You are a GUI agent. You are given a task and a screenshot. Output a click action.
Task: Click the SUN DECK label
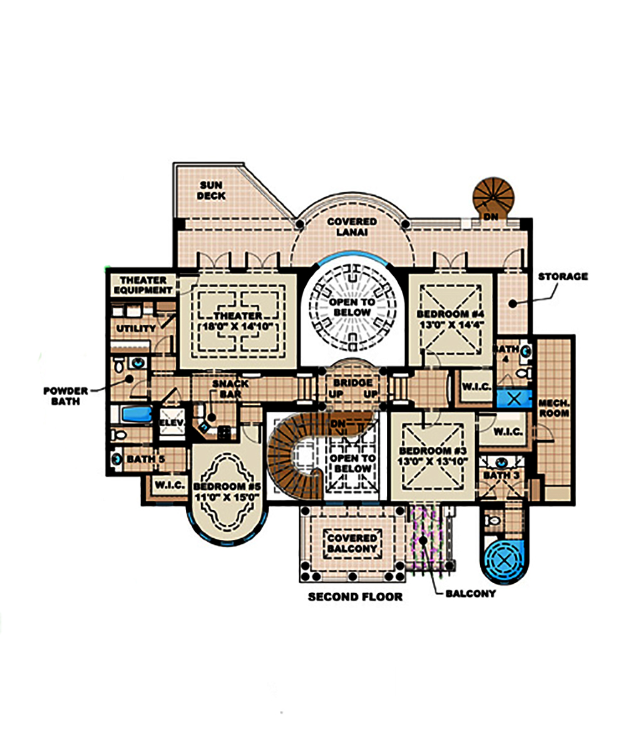[212, 190]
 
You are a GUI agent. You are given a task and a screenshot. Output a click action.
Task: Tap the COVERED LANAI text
[351, 227]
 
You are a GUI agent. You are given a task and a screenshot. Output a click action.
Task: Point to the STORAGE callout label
[562, 276]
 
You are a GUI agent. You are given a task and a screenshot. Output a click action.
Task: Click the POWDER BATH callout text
[66, 395]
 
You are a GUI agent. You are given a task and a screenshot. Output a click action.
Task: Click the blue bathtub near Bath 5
[136, 414]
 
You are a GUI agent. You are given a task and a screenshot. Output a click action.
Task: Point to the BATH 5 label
[145, 459]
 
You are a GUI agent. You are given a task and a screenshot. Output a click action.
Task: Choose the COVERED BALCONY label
[353, 543]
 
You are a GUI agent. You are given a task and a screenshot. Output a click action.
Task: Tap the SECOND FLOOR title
[355, 596]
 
